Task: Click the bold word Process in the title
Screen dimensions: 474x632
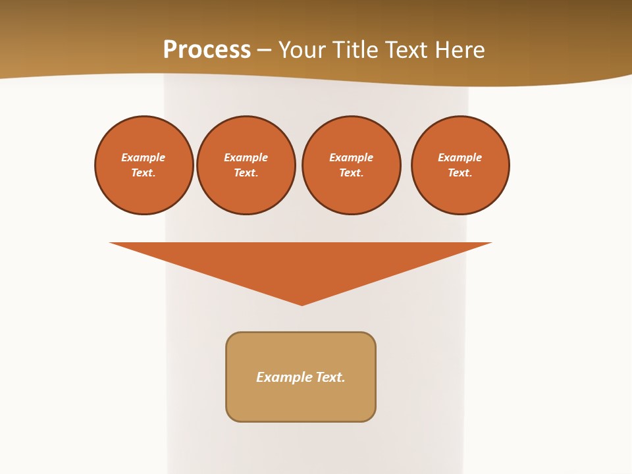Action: pos(207,50)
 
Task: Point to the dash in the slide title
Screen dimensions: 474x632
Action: pos(264,51)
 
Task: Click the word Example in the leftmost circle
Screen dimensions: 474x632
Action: pos(144,157)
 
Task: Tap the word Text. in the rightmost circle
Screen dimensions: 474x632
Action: pos(460,172)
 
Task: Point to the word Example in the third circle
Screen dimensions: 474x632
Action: pos(352,157)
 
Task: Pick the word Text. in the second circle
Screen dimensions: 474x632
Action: pos(246,172)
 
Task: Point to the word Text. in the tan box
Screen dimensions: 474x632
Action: pos(330,377)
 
